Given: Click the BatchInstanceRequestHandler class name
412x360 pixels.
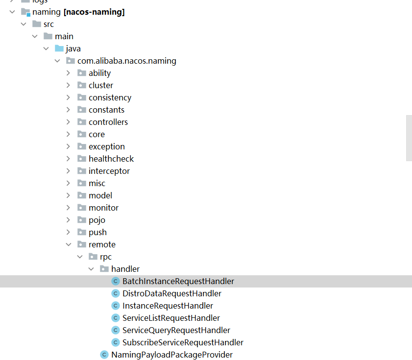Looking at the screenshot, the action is click(x=178, y=281).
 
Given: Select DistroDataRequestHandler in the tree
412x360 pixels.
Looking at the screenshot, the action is click(x=171, y=293).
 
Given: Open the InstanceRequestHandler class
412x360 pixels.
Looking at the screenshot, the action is click(x=168, y=306).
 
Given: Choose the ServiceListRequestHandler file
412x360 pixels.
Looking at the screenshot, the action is click(x=171, y=318).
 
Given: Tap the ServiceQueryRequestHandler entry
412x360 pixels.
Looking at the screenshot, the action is click(x=176, y=330).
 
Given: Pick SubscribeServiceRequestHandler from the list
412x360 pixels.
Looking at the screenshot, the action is click(x=183, y=342).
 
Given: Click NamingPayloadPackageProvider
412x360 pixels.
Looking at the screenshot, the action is click(x=171, y=355).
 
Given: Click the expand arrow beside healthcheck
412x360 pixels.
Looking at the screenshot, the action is click(x=68, y=159).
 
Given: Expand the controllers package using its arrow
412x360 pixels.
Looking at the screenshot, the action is click(x=68, y=122).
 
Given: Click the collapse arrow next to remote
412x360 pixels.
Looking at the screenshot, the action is click(x=68, y=244).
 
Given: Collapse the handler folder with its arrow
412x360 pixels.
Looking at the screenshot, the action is click(x=91, y=269).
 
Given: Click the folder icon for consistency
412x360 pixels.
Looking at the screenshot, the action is click(x=82, y=97).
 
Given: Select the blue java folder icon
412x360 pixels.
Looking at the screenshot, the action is click(x=59, y=48).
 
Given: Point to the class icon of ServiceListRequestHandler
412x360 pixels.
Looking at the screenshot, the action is click(x=116, y=318).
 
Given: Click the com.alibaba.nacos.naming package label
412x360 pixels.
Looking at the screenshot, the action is click(x=126, y=61).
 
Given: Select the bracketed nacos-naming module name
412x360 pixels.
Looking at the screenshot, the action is click(x=94, y=12).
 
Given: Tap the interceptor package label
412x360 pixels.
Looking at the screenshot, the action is click(x=109, y=171).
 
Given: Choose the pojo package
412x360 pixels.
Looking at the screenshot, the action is click(x=97, y=220).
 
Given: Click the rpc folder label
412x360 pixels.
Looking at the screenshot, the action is click(x=105, y=257).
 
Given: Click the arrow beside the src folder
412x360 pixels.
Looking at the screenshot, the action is click(x=24, y=24).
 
